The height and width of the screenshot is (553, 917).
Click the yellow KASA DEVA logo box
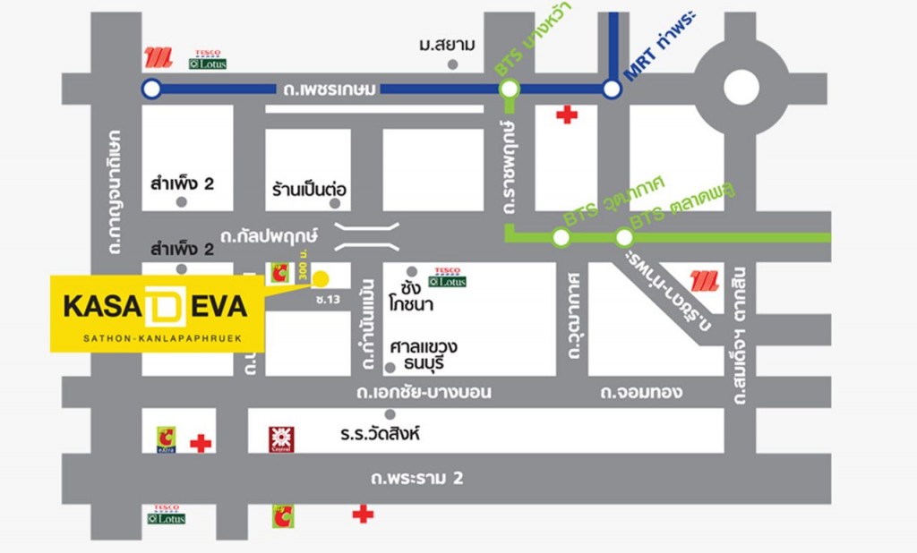157,312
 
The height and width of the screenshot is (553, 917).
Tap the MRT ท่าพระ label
664,47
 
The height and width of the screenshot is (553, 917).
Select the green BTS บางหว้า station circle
509,89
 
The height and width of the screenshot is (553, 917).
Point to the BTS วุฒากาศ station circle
561,238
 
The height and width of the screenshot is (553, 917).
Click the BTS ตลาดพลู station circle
623,238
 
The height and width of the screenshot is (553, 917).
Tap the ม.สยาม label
447,45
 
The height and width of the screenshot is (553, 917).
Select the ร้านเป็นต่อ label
309,191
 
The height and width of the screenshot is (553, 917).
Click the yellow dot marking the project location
320,277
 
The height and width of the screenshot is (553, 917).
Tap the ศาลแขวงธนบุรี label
424,355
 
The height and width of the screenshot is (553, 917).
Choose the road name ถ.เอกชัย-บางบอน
423,392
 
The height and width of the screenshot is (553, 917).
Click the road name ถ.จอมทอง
641,392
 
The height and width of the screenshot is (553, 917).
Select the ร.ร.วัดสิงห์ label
380,434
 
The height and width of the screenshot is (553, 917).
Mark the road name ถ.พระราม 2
417,478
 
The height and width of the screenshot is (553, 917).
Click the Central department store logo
281,439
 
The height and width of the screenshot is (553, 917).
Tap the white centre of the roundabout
741,88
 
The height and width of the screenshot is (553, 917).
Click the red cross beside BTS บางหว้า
566,115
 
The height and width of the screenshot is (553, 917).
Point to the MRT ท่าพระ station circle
612,89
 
